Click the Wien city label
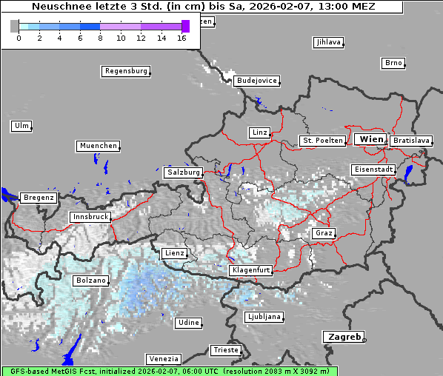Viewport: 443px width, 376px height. click(371, 139)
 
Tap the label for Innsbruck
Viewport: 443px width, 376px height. click(90, 217)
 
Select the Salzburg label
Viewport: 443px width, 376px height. click(184, 172)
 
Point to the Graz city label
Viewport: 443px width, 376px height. click(324, 233)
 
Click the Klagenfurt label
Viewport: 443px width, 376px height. click(251, 271)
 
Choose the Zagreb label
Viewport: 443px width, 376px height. click(344, 337)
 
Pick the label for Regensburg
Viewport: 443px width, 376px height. click(125, 71)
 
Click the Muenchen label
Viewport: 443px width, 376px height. click(98, 146)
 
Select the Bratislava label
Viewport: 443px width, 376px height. click(411, 140)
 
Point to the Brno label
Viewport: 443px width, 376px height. click(393, 63)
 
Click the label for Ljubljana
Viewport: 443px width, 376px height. click(264, 317)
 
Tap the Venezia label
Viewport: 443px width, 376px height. click(163, 358)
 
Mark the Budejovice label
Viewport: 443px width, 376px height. click(256, 81)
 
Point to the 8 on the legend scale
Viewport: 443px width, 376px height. click(100, 37)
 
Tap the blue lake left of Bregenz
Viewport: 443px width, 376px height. click(8, 195)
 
